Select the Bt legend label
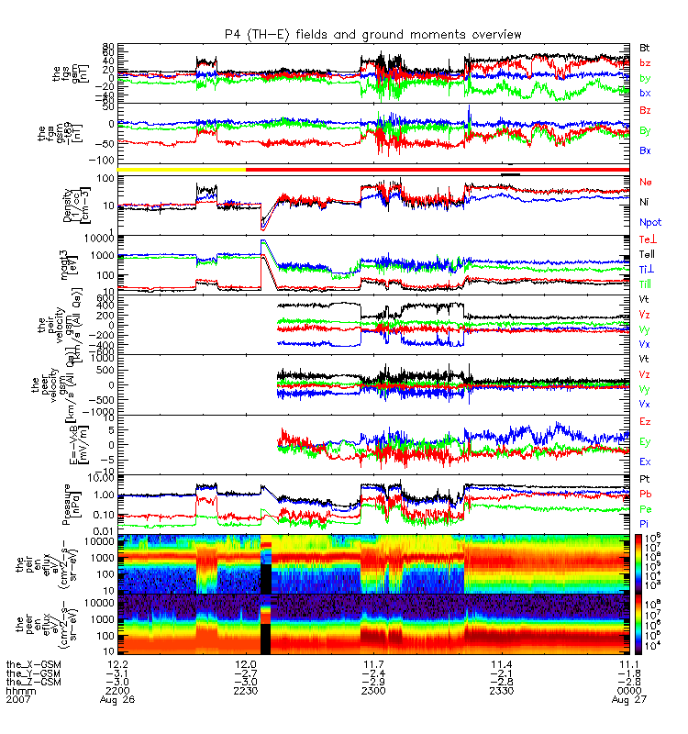coord(645,47)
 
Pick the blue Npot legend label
coord(649,222)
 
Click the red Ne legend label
coord(646,183)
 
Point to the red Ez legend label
coord(645,421)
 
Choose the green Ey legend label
coord(645,441)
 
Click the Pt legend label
coord(645,480)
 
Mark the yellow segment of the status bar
coord(182,170)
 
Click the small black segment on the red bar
coord(511,172)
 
